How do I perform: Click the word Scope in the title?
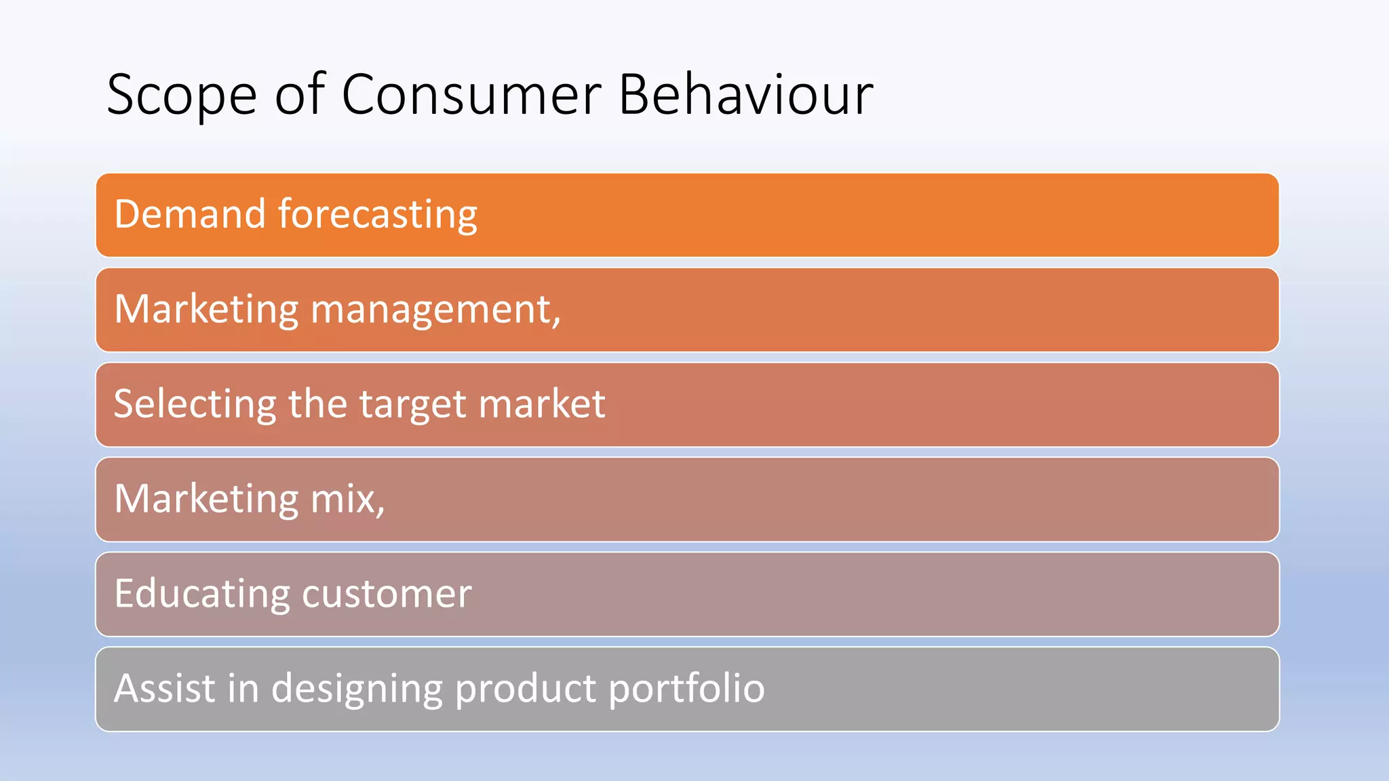click(x=181, y=96)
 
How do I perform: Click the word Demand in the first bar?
click(x=190, y=214)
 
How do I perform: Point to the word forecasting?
click(x=378, y=216)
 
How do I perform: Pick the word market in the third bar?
click(x=542, y=404)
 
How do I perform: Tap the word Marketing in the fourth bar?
click(x=206, y=500)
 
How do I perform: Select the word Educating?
click(x=201, y=595)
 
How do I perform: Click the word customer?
click(x=387, y=595)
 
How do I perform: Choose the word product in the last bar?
click(x=526, y=689)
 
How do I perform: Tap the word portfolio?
click(x=686, y=689)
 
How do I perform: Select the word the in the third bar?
click(x=318, y=404)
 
